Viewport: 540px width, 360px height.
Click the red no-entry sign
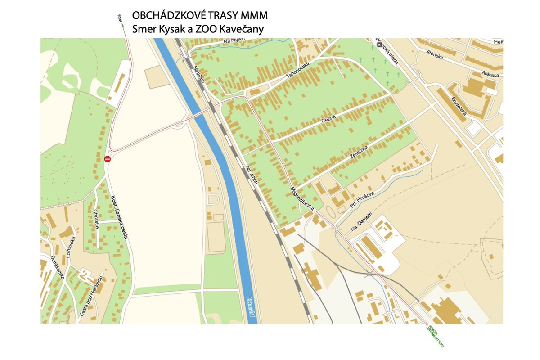click(107, 159)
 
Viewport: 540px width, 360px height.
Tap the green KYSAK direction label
click(119, 18)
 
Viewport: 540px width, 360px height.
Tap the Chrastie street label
click(96, 219)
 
